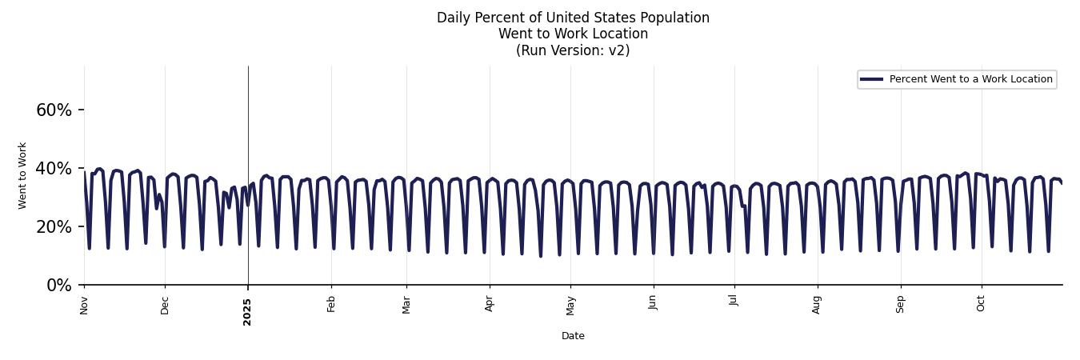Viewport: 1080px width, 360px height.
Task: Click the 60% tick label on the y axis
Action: [54, 110]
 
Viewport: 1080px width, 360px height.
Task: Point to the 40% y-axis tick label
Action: [54, 169]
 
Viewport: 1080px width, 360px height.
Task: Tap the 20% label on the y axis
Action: [54, 227]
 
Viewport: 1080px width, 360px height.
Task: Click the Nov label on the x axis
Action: [84, 305]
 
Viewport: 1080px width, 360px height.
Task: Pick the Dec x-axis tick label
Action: [165, 305]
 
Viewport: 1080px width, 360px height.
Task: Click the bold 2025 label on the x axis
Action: [247, 311]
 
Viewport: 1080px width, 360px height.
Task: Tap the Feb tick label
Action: [331, 304]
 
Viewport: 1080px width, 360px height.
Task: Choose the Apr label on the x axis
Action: [490, 304]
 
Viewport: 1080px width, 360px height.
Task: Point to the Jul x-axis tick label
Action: [733, 302]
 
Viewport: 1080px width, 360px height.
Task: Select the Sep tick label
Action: [901, 305]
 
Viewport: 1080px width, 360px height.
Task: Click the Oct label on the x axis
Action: [981, 303]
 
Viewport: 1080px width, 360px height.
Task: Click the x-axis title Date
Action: [573, 336]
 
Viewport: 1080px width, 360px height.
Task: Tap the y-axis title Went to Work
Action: [22, 175]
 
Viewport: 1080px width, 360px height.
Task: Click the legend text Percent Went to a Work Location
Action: [970, 79]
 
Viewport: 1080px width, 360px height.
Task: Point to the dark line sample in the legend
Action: [871, 79]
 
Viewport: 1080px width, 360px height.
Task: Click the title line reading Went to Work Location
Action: [573, 34]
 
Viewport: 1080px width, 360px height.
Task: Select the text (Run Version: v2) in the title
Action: [573, 50]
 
